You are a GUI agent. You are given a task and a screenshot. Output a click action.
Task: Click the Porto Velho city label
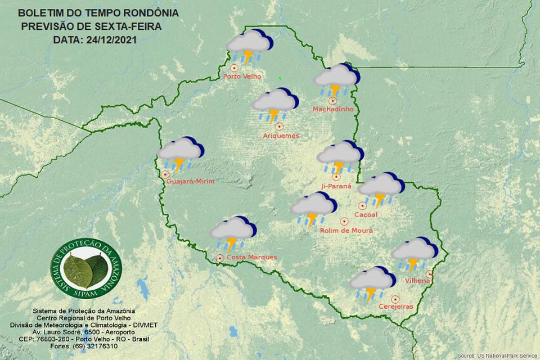point(242,76)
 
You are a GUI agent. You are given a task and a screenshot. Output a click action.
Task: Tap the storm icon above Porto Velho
point(249,46)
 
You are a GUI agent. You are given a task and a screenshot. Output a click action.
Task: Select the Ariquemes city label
point(281,136)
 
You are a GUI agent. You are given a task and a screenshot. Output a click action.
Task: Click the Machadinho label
point(333,109)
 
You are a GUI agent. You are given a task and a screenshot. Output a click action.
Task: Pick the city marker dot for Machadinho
point(332,101)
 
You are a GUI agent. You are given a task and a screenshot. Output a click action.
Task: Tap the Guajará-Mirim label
point(191,181)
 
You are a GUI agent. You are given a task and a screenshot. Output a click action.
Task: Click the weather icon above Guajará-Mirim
point(180,154)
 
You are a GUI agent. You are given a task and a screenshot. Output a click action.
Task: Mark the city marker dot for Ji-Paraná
point(336,177)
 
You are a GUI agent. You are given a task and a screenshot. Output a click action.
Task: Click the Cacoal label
point(366,214)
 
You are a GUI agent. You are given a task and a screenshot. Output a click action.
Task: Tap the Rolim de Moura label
point(346,230)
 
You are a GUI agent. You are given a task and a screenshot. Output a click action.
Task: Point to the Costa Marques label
point(251,257)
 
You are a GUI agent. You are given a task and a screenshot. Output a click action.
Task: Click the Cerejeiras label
point(396,307)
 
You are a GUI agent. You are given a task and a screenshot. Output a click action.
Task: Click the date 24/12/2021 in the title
point(110,40)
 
